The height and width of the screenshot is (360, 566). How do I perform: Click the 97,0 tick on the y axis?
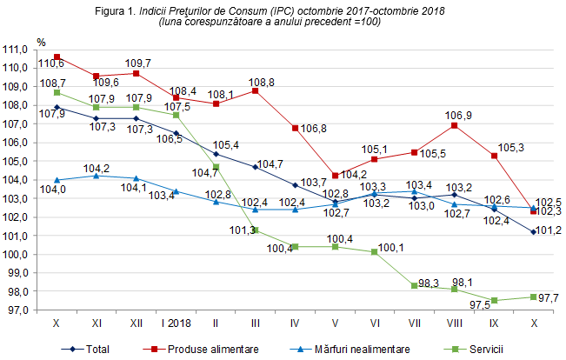click(17, 310)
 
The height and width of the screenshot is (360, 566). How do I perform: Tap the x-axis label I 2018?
click(176, 322)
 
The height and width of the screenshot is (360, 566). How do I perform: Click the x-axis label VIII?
click(453, 322)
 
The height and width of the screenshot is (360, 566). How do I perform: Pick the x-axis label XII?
click(136, 322)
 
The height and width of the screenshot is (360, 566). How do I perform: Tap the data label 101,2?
click(547, 231)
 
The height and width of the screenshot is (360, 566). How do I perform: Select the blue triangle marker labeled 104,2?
click(97, 176)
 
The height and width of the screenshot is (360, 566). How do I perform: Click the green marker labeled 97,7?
click(533, 297)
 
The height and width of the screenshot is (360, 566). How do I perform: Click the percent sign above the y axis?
click(42, 41)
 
